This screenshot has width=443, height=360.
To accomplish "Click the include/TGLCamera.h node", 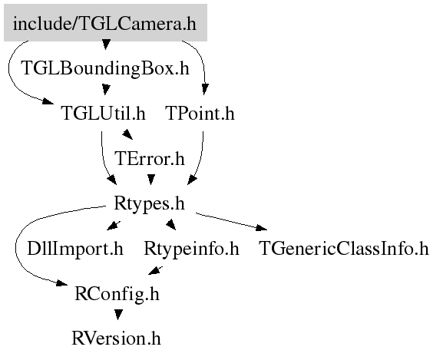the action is (105, 22).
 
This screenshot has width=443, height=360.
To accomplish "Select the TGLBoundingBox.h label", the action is (105, 68).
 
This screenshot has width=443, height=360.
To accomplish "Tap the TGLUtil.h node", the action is (103, 114).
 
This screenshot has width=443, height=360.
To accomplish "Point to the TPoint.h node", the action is (200, 114).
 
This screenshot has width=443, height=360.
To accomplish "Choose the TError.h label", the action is (150, 158).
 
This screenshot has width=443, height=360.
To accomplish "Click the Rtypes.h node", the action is (149, 203).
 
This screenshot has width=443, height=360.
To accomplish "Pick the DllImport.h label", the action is (75, 249).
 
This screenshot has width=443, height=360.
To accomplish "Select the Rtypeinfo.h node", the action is (191, 249).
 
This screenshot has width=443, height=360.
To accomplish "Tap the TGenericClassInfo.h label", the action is (344, 249).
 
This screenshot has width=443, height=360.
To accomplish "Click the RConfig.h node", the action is (117, 294).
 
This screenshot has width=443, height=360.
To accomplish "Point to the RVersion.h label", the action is (117, 339).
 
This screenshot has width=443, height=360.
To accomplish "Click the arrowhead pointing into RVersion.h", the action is (118, 315).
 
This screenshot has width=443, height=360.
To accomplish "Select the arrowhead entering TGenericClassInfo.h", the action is (261, 227).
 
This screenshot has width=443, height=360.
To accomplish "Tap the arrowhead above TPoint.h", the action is (205, 89).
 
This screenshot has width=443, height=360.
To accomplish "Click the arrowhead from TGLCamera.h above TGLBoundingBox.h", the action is (106, 45).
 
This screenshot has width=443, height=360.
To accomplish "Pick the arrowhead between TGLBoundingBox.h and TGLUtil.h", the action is (106, 90).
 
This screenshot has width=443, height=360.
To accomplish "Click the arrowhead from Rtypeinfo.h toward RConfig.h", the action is (155, 270).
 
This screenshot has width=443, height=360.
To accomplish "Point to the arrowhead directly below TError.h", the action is (151, 180).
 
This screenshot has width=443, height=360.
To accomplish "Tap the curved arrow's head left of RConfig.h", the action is (62, 282).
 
